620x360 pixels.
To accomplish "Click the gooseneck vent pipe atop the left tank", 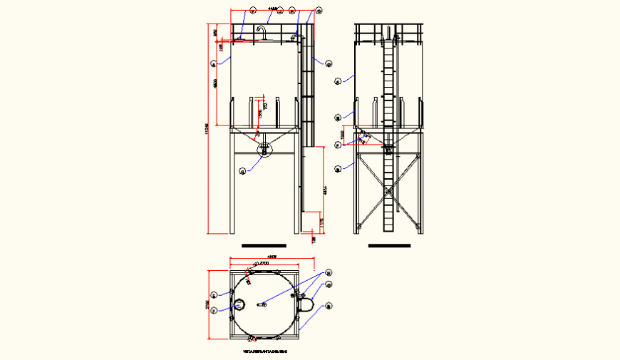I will coord(262,32).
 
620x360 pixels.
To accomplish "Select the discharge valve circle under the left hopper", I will coord(264,150).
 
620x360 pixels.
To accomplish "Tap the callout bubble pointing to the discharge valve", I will coord(242,170).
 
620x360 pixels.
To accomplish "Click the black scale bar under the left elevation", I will coord(264,245).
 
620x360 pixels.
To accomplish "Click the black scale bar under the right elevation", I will coord(390,245).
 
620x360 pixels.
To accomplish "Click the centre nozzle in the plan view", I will coord(262,304).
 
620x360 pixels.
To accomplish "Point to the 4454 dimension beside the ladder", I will coord(324,190).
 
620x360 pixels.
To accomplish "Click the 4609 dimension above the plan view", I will coord(272,257).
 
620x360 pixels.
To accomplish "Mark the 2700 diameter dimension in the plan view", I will coord(262,264).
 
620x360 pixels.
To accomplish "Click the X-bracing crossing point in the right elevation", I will coord(388,188).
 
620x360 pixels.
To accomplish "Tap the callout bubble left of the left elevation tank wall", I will coord(213,64).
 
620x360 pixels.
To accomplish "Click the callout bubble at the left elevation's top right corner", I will coord(318,11).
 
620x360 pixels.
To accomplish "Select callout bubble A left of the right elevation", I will coord(338,81).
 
